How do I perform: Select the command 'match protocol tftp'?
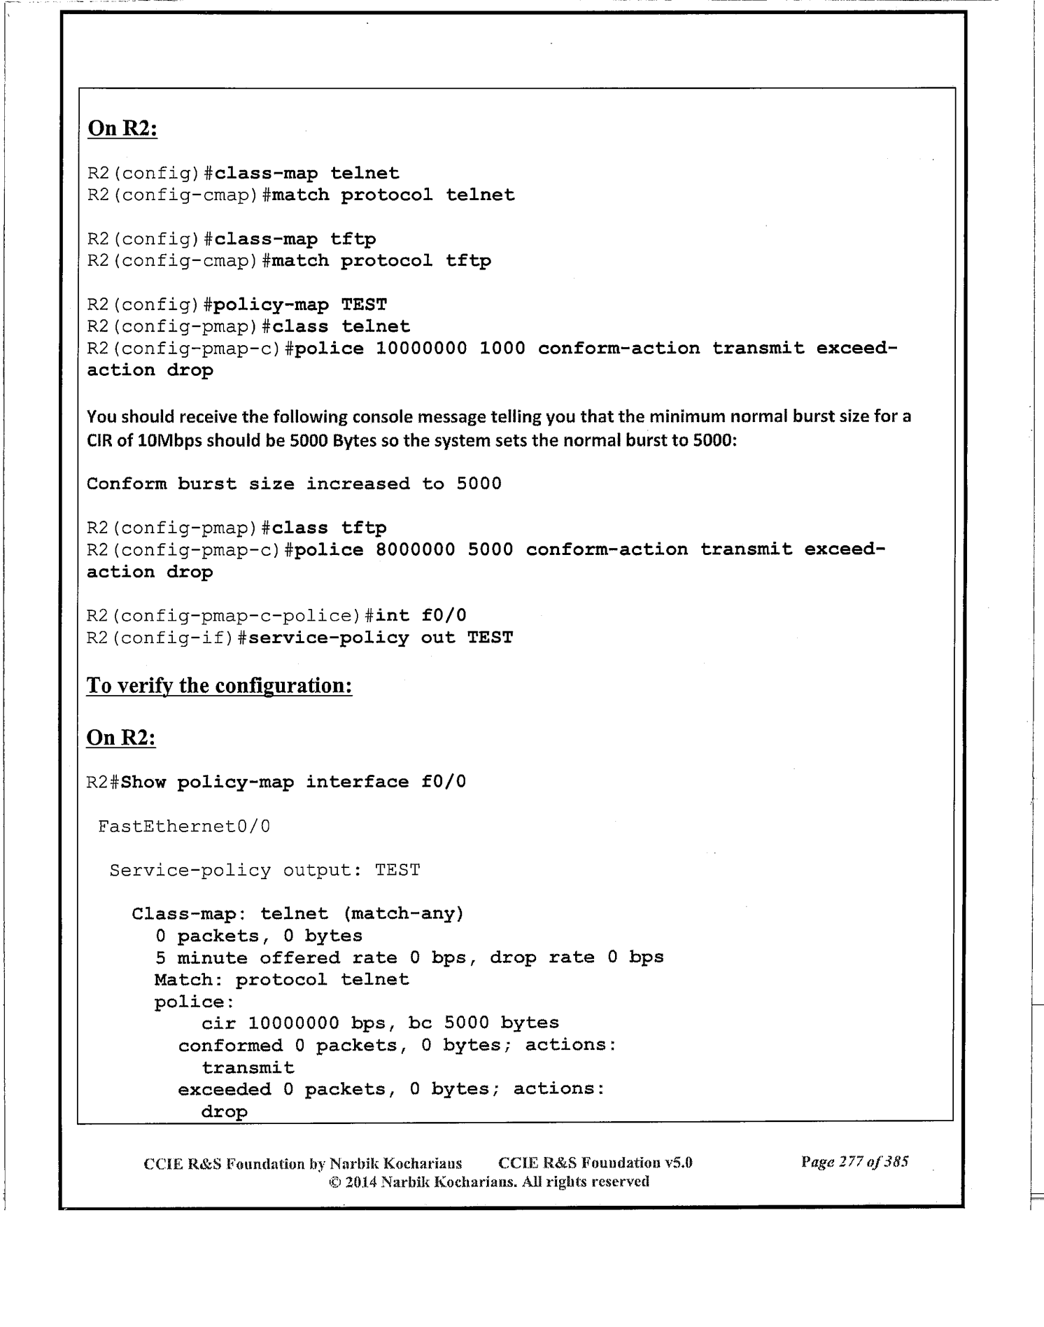[x=381, y=261]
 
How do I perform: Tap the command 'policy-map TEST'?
[x=300, y=305]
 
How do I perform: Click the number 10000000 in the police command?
[x=421, y=349]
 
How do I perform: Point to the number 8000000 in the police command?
[x=416, y=549]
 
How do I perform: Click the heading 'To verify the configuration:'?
[x=219, y=685]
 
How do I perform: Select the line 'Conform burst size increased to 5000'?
[x=294, y=484]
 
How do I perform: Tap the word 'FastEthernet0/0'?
[x=184, y=827]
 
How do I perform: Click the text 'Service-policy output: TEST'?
[x=264, y=871]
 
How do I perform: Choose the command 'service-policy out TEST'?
[x=381, y=638]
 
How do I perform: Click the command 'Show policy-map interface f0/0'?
[x=293, y=782]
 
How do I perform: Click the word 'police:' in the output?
[x=183, y=1002]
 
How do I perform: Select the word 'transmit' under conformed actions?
[x=248, y=1068]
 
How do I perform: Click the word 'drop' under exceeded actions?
[x=224, y=1112]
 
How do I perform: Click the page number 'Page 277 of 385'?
[x=854, y=1163]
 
